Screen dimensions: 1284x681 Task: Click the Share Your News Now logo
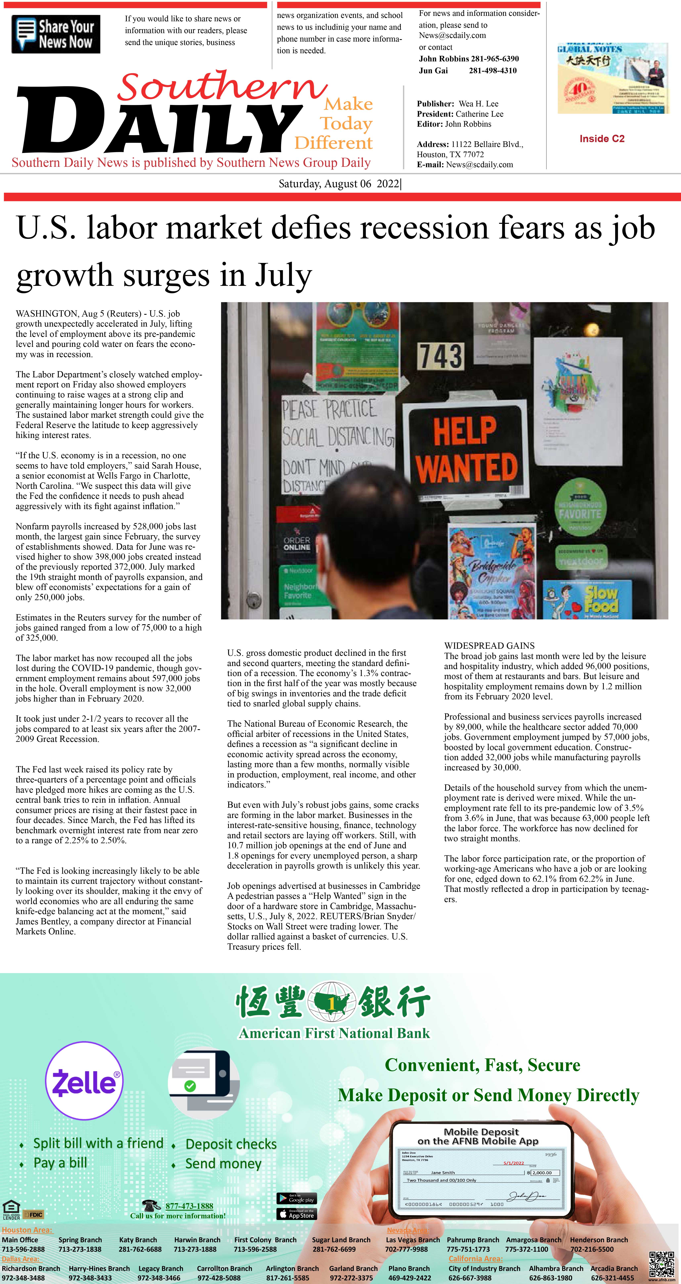[56, 34]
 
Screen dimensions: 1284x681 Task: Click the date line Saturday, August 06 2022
[339, 184]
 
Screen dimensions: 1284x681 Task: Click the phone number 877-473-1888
[189, 1206]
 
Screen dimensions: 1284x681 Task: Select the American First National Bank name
[334, 1033]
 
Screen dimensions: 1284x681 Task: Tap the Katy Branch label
[138, 1240]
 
